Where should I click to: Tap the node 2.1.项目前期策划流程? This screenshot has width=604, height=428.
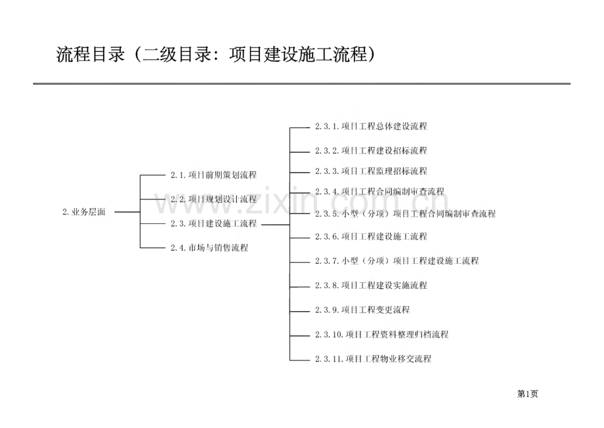[213, 175]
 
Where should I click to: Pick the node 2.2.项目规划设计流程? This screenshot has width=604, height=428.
[213, 199]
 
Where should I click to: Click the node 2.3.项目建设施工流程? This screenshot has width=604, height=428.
[213, 223]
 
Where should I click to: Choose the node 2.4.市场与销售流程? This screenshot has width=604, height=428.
[209, 247]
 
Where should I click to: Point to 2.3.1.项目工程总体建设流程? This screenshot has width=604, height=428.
[371, 126]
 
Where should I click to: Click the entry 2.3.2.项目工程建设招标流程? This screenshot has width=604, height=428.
[371, 150]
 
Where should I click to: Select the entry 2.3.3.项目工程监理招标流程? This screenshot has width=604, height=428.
[371, 171]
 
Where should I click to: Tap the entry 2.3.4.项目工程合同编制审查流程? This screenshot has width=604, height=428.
[379, 191]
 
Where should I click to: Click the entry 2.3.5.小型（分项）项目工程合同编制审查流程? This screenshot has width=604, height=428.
[405, 213]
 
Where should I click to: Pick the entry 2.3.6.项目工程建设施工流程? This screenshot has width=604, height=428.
[371, 236]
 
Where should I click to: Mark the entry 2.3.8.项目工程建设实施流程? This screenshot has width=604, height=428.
[371, 286]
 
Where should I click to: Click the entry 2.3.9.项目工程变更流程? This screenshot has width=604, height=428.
[362, 310]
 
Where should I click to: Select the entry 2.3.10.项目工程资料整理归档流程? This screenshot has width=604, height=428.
[381, 334]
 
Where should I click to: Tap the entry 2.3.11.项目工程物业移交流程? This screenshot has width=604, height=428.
[373, 358]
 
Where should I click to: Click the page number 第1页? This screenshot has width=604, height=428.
[528, 394]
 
